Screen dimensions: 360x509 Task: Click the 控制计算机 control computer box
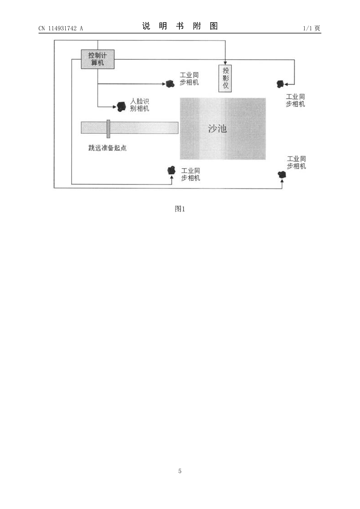pos(97,59)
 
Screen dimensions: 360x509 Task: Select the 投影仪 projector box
pos(225,78)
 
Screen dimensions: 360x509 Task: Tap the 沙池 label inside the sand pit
pos(217,129)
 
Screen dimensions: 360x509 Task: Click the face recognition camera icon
pos(121,106)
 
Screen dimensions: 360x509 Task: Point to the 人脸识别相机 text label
pos(140,105)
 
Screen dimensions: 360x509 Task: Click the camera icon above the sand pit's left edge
pos(170,84)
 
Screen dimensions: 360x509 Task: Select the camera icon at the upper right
pos(280,84)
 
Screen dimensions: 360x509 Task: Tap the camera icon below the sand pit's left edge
pos(171,170)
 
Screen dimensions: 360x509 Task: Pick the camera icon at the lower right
pos(282,175)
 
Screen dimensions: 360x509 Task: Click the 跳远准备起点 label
pos(107,148)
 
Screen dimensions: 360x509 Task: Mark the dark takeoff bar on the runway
pos(108,129)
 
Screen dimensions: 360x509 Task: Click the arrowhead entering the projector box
pos(225,63)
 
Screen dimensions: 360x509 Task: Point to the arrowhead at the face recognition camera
pos(115,107)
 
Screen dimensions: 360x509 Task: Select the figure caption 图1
pos(180,209)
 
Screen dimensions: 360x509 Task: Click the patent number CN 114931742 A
pos(61,28)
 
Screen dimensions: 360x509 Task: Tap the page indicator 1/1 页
pos(311,28)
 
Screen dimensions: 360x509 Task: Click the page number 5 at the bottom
pos(180,471)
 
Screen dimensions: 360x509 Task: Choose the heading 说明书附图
pos(180,26)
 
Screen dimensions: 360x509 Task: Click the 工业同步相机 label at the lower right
pos(297,162)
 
